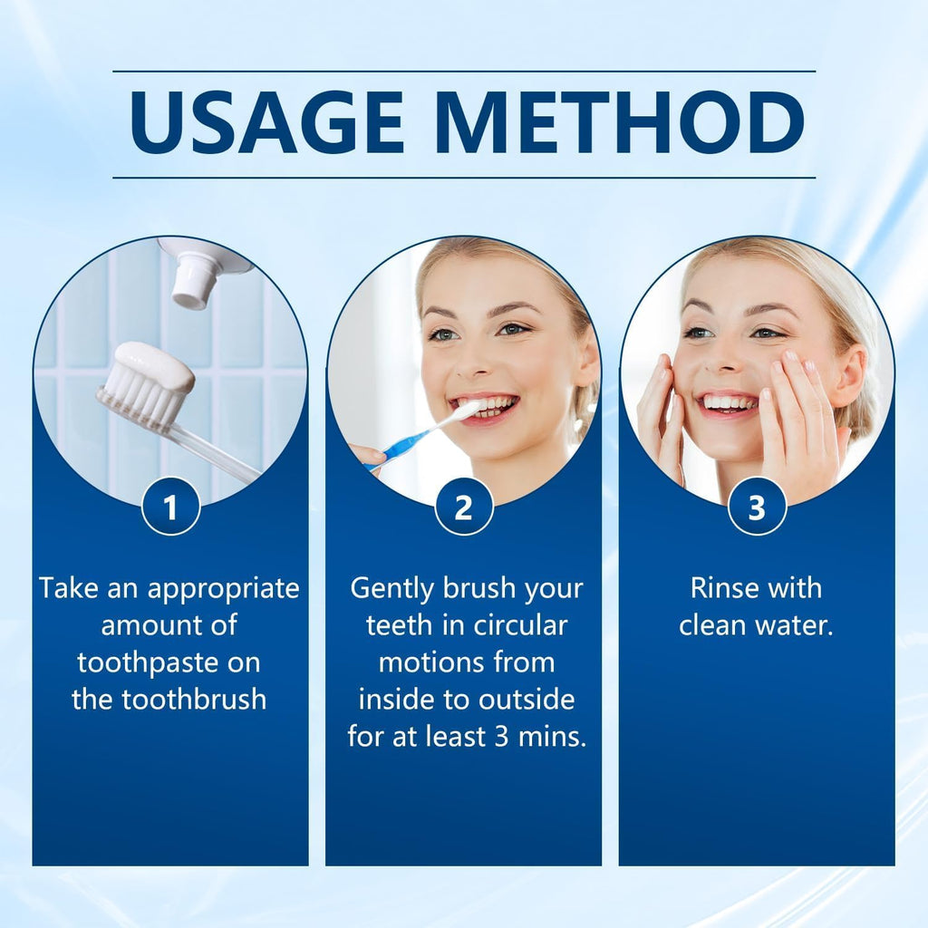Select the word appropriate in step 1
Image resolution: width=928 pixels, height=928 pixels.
click(223, 589)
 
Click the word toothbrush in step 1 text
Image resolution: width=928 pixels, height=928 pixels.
click(201, 700)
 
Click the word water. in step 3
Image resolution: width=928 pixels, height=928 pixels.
click(797, 625)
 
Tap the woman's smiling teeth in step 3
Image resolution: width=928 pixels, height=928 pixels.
click(730, 401)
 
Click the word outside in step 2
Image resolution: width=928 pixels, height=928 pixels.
click(530, 700)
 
